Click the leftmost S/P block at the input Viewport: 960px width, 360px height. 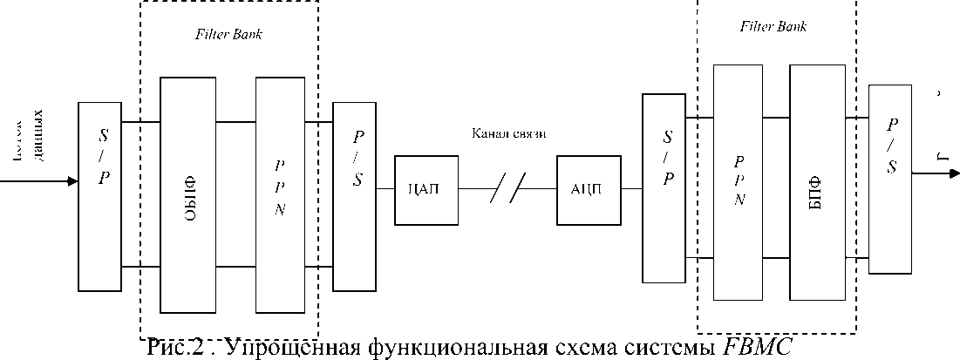(x=99, y=196)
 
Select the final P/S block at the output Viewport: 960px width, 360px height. (x=891, y=179)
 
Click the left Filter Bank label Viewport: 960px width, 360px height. (x=228, y=36)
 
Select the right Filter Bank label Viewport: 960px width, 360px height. (x=773, y=26)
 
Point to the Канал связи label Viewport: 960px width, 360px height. (x=508, y=133)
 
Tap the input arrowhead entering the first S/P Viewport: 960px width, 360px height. (x=71, y=182)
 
